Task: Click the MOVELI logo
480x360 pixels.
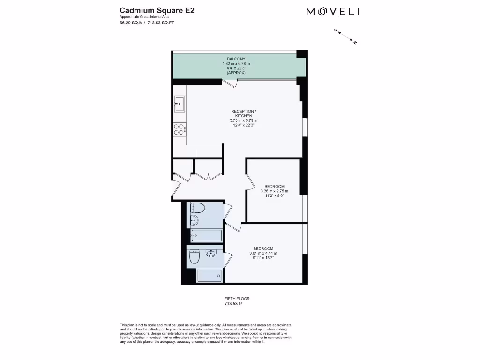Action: [333, 12]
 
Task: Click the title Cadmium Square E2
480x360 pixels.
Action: [150, 10]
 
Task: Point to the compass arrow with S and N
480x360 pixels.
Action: [345, 36]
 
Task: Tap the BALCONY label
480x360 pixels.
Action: [236, 59]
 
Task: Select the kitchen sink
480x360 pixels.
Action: [180, 103]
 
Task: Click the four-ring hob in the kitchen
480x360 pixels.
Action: [179, 129]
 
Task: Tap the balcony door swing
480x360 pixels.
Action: [231, 84]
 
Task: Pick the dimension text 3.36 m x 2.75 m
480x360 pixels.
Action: [275, 191]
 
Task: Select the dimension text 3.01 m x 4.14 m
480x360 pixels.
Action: [263, 254]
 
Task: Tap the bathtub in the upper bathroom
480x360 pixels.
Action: [206, 235]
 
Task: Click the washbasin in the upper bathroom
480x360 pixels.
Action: [195, 220]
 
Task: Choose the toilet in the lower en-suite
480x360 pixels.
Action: [195, 256]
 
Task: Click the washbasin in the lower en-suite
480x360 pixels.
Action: [211, 254]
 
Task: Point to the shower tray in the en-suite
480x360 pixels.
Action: [209, 276]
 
